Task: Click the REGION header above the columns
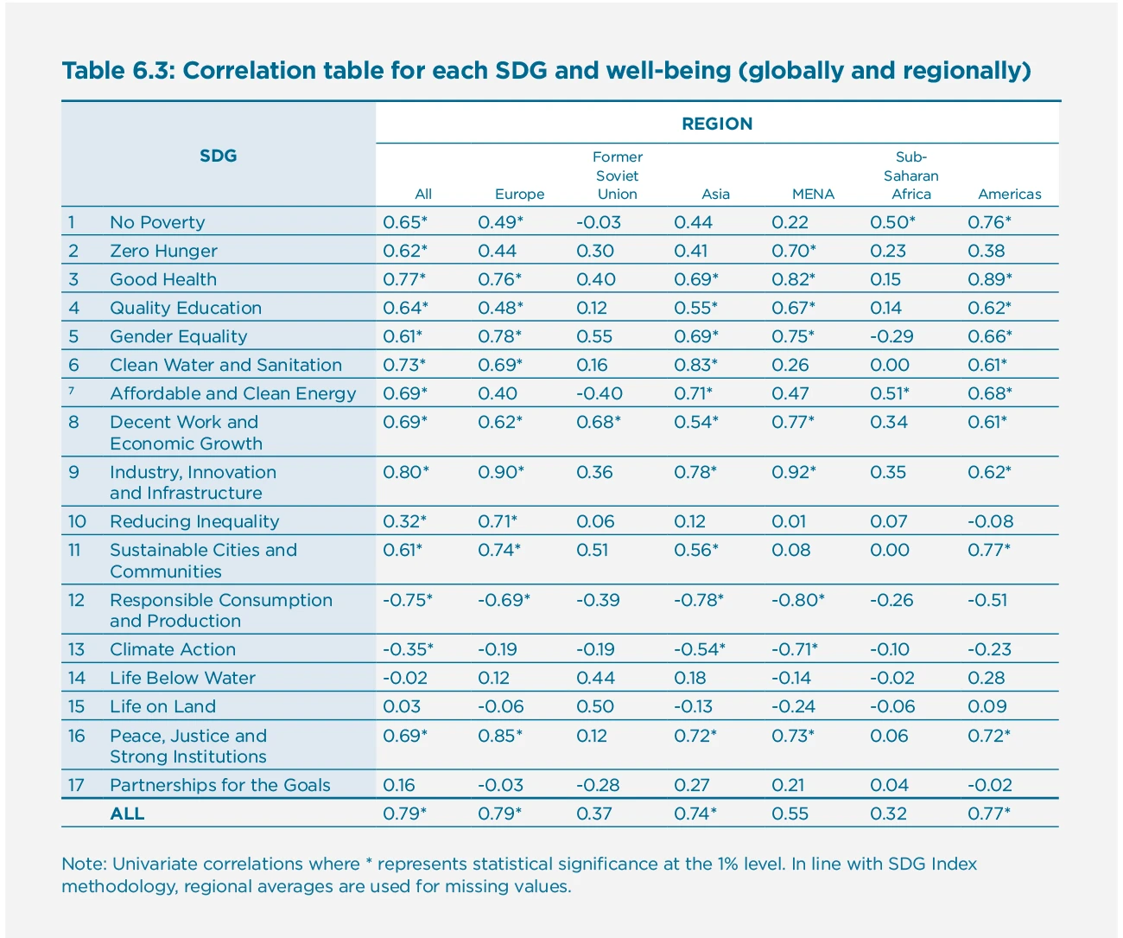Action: pyautogui.click(x=717, y=124)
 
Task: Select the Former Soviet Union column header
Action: pyautogui.click(x=617, y=175)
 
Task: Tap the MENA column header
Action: pyautogui.click(x=813, y=195)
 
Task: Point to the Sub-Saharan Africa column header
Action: pyautogui.click(x=910, y=175)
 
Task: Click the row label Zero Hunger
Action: pyautogui.click(x=163, y=251)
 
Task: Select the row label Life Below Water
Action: pyautogui.click(x=182, y=678)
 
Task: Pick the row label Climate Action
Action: pyautogui.click(x=172, y=649)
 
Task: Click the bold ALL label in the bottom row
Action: pyautogui.click(x=127, y=814)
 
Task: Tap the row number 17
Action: pyautogui.click(x=76, y=785)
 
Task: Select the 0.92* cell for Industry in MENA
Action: pyautogui.click(x=793, y=472)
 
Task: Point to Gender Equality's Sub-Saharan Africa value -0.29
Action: pyautogui.click(x=891, y=336)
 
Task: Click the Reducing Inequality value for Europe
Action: pyautogui.click(x=498, y=521)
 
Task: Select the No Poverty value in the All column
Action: pyautogui.click(x=405, y=222)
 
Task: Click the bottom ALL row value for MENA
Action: pyautogui.click(x=790, y=814)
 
